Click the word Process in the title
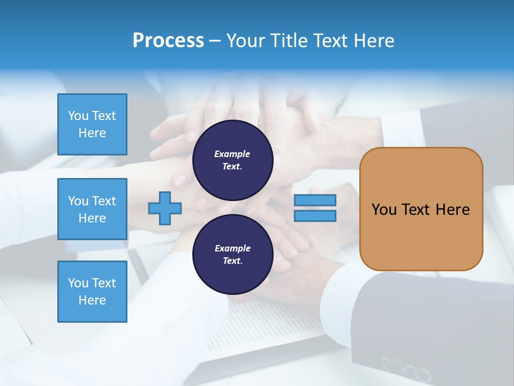click(x=168, y=41)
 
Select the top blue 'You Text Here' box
click(x=92, y=124)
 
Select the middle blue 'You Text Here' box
click(x=92, y=209)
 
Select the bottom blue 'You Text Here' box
click(x=92, y=292)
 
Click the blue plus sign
click(x=165, y=208)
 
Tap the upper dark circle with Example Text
click(x=232, y=160)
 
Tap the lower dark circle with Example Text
click(x=232, y=254)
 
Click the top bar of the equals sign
click(x=315, y=200)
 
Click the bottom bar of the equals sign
click(x=315, y=216)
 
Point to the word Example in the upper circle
click(x=232, y=154)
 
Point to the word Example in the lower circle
click(x=232, y=248)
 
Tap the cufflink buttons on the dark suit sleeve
click(x=407, y=370)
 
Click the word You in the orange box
click(x=383, y=210)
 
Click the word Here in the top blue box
click(x=92, y=133)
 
